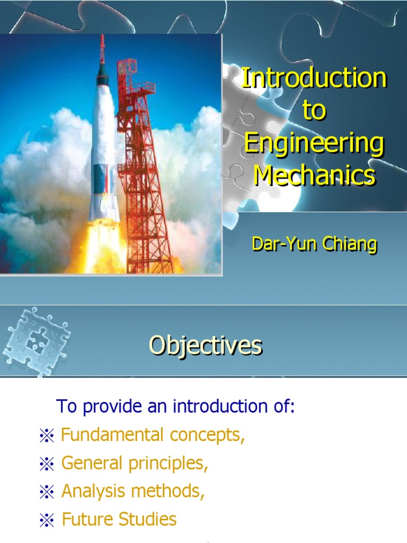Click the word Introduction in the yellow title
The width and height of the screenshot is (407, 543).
(x=314, y=77)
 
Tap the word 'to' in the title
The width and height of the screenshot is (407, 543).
(x=314, y=110)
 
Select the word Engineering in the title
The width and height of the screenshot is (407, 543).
(x=314, y=145)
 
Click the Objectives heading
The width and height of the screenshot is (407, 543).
(x=206, y=345)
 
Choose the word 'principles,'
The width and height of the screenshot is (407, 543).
(x=168, y=464)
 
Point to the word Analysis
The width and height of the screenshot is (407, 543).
(x=93, y=492)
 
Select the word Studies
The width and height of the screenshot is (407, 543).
(x=147, y=519)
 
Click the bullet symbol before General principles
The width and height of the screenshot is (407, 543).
(x=47, y=463)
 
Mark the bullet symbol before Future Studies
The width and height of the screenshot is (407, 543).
(x=47, y=520)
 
